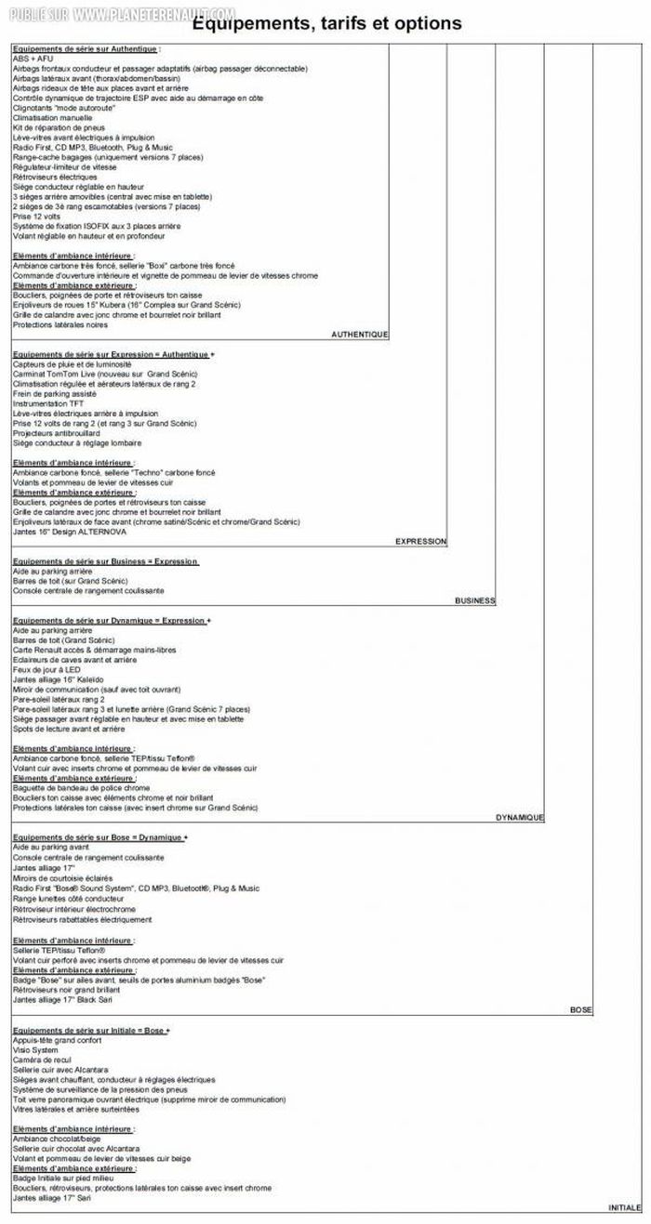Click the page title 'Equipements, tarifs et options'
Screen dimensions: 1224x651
[x=325, y=23]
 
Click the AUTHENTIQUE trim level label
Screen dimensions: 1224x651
[x=359, y=335]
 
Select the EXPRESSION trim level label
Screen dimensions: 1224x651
[x=420, y=541]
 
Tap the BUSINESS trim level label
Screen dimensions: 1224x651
[x=474, y=600]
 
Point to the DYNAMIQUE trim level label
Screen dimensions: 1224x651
[x=519, y=817]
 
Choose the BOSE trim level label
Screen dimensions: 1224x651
[x=580, y=1009]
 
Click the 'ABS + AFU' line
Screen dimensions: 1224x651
[x=33, y=59]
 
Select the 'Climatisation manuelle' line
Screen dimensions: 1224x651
[x=53, y=117]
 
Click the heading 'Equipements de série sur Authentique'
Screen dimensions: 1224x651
[x=86, y=48]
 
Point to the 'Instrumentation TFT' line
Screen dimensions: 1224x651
[x=48, y=403]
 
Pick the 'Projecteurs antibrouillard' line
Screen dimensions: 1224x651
[x=57, y=433]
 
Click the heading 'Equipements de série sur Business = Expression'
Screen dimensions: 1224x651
[x=105, y=561]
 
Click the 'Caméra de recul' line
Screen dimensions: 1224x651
[x=42, y=1059]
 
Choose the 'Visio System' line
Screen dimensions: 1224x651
[x=35, y=1050]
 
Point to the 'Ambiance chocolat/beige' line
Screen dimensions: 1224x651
[x=57, y=1138]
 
